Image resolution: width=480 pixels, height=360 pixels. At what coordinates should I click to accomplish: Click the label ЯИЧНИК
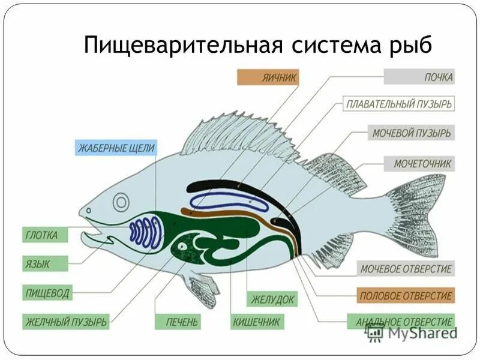268,77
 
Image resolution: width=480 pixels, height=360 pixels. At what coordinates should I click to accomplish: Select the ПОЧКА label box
419,77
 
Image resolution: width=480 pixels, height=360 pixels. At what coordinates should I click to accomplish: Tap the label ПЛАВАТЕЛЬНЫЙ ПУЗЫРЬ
399,104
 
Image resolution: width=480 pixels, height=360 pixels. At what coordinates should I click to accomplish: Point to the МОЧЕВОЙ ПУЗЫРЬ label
411,133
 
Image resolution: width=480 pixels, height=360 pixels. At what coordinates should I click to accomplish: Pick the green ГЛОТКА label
41,235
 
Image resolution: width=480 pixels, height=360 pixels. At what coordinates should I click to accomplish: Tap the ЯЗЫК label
37,263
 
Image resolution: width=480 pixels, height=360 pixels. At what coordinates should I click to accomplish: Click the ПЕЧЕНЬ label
176,322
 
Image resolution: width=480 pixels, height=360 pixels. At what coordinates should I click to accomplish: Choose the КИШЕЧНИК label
256,322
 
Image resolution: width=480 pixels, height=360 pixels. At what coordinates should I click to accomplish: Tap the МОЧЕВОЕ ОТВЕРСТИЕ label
406,269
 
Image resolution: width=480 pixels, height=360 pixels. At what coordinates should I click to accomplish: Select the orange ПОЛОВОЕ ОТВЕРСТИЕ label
405,296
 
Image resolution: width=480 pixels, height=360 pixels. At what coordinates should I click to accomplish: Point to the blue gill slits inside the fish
146,233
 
